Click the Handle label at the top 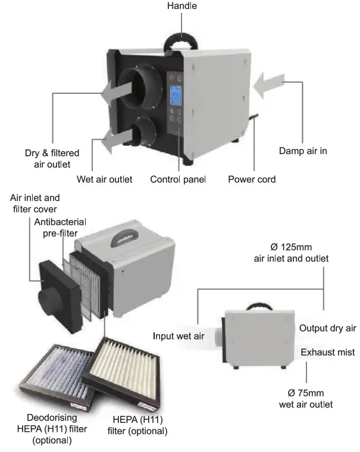coord(181,6)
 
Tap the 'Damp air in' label coord(303,151)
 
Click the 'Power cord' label coord(252,179)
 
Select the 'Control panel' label coord(178,179)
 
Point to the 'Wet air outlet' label coord(105,179)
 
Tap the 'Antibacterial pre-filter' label coord(60,228)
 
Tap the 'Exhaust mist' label coord(327,353)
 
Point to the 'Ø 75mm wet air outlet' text coord(306,399)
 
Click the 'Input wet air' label coord(179,336)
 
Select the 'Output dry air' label coord(327,328)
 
